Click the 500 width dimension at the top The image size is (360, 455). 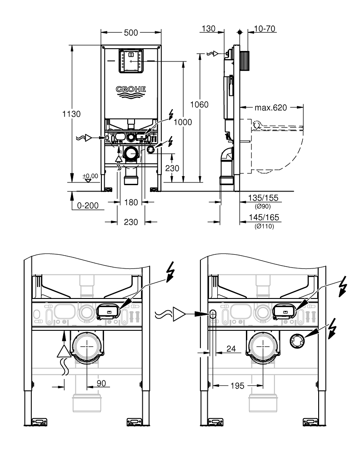click(x=131, y=33)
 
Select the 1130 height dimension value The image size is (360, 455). click(x=72, y=114)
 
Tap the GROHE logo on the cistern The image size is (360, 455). click(x=131, y=89)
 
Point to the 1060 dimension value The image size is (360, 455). click(x=200, y=104)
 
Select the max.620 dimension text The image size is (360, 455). click(x=271, y=108)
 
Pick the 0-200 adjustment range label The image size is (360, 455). click(x=88, y=205)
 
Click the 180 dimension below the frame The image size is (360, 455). click(x=131, y=202)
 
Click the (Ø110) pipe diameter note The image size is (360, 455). click(x=264, y=226)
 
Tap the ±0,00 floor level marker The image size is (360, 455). click(x=90, y=175)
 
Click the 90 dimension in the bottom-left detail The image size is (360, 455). click(x=101, y=383)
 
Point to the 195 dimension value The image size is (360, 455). click(x=236, y=385)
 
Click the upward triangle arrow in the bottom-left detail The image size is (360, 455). click(x=64, y=351)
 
